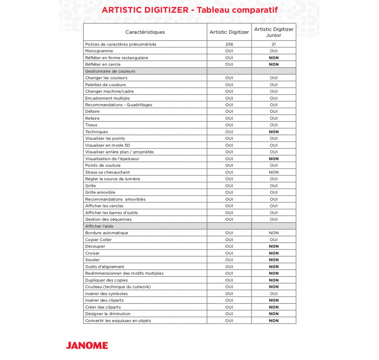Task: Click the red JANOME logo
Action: [x=87, y=345]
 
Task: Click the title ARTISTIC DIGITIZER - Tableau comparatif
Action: [x=189, y=10]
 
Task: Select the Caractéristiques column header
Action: [x=145, y=32]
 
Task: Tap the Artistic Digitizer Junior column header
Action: [x=274, y=32]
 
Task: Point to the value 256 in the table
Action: [x=229, y=44]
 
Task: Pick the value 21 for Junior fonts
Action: [x=274, y=44]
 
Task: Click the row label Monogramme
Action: [x=99, y=51]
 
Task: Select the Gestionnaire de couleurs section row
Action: [x=110, y=71]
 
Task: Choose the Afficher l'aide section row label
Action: [x=99, y=226]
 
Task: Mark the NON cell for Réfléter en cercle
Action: [x=274, y=64]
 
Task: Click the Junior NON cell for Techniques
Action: [x=274, y=132]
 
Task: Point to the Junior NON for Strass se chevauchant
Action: [x=274, y=172]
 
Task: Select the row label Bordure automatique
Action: [x=107, y=233]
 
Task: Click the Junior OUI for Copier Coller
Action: [x=274, y=240]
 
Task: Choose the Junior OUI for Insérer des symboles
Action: [x=274, y=294]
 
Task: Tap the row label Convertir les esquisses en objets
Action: [x=118, y=321]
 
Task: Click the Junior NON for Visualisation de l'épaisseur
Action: [x=274, y=159]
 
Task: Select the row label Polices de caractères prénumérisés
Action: [x=120, y=44]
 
